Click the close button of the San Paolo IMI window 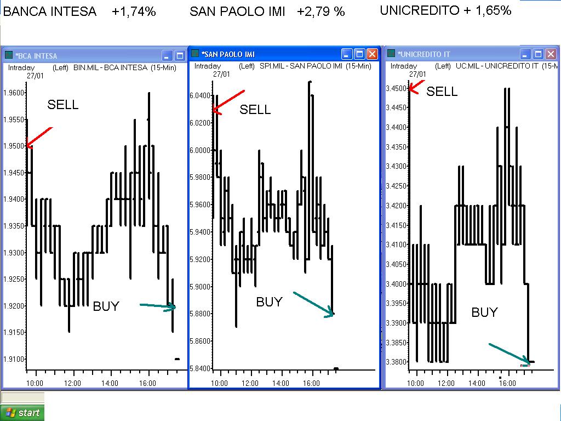[372, 54]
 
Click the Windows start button [22, 413]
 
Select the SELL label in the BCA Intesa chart [63, 105]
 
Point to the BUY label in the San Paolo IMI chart [270, 302]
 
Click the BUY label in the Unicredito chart [485, 312]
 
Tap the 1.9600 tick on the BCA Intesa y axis [15, 93]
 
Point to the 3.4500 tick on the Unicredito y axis [397, 88]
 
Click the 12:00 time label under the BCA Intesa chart [72, 383]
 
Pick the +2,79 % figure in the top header [321, 12]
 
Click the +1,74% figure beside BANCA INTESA [134, 12]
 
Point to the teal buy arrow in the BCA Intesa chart [158, 306]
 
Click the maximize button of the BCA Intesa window [180, 55]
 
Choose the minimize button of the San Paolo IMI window [347, 54]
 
